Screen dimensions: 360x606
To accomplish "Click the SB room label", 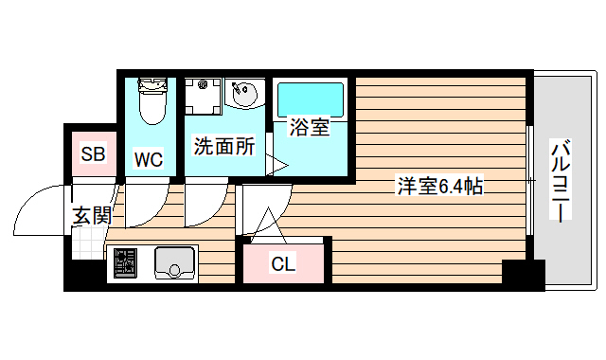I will click(x=92, y=154).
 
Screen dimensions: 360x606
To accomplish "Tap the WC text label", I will click(x=148, y=159).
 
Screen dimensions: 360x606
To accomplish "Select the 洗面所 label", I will click(x=224, y=147).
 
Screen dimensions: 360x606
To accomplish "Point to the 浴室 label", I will click(x=310, y=128).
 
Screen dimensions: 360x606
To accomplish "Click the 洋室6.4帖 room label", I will click(x=439, y=187).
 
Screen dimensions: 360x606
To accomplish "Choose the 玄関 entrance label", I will click(x=92, y=216).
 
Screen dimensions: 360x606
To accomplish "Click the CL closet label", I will click(x=283, y=264).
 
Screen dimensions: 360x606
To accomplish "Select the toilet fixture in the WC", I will click(x=151, y=102).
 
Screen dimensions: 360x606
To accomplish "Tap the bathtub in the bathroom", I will click(x=310, y=99).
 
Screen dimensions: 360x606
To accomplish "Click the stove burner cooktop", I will click(x=123, y=262).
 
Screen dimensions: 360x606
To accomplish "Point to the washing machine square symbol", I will click(x=202, y=95).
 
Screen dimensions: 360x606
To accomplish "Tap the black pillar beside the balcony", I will click(x=523, y=274).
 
